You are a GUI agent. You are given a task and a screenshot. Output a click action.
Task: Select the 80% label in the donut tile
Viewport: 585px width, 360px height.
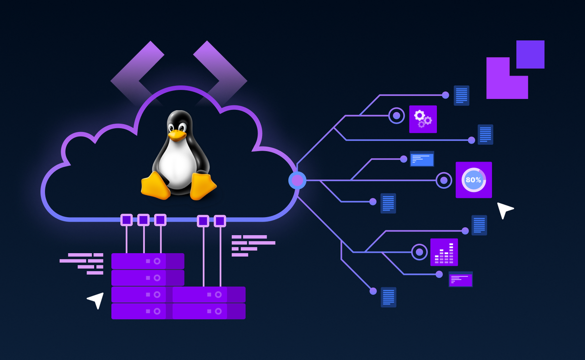pyautogui.click(x=473, y=180)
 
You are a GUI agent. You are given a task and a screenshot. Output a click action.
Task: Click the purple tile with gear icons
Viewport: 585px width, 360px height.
pyautogui.click(x=423, y=119)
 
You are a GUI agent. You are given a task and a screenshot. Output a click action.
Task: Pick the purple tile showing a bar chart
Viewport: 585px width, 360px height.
pyautogui.click(x=444, y=252)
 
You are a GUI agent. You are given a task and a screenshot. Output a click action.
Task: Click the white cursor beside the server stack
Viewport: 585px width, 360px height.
pyautogui.click(x=97, y=300)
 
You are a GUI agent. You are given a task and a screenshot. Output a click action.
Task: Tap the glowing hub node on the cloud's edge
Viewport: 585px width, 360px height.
pyautogui.click(x=297, y=180)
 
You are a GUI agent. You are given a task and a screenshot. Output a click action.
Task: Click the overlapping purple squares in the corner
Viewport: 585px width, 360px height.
pyautogui.click(x=514, y=70)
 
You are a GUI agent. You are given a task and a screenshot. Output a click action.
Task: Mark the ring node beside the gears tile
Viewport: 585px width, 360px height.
pyautogui.click(x=396, y=116)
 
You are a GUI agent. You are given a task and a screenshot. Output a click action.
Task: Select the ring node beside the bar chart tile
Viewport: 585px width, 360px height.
pyautogui.click(x=419, y=252)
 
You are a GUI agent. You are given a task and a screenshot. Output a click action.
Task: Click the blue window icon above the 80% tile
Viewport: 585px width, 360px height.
pyautogui.click(x=422, y=159)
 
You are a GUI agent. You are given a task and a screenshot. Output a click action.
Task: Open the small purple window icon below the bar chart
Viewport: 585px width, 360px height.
pyautogui.click(x=461, y=279)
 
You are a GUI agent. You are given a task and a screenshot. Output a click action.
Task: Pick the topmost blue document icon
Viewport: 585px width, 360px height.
pyautogui.click(x=461, y=96)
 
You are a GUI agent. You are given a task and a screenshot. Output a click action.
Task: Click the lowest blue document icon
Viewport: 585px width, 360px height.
pyautogui.click(x=389, y=297)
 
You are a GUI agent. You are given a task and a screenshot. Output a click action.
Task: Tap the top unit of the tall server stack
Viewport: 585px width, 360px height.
pyautogui.click(x=148, y=261)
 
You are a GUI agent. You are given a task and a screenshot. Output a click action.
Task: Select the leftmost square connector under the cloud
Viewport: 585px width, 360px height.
pyautogui.click(x=127, y=220)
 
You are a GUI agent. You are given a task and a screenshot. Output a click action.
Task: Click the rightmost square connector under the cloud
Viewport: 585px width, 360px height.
pyautogui.click(x=220, y=221)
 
